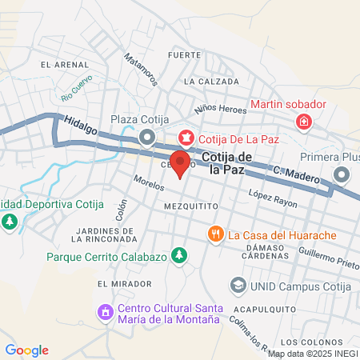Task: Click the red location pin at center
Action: tap(181, 163)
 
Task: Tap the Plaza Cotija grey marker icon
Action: tap(146, 138)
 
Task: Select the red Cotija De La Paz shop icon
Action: tap(186, 138)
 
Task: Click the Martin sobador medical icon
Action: tap(303, 122)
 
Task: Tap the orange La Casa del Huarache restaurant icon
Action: tap(215, 234)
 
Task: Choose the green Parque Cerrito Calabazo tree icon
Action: tap(182, 256)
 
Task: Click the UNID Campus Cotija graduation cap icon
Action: tap(238, 286)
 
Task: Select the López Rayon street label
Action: tap(272, 199)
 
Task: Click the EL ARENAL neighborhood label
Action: tap(61, 64)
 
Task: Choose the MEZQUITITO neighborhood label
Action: tap(190, 206)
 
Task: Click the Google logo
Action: tap(26, 350)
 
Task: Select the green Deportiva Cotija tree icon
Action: tap(10, 220)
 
